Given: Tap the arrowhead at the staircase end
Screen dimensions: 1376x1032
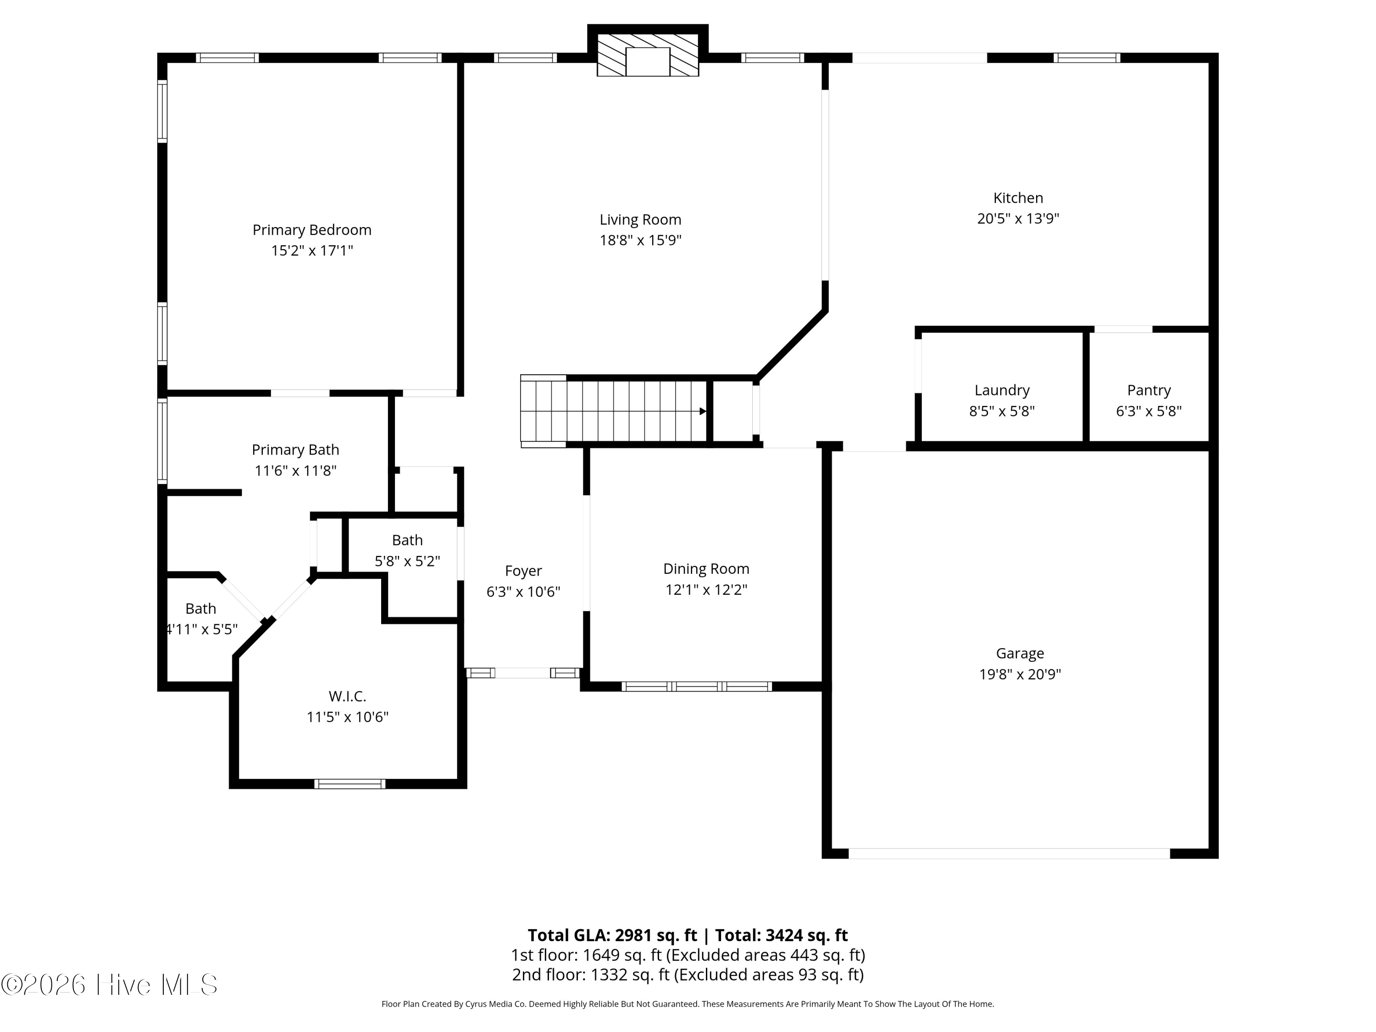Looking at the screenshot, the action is (x=703, y=411).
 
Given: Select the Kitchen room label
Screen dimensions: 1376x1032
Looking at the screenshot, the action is (x=1018, y=198).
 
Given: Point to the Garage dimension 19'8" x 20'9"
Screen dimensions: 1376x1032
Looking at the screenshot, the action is (x=1020, y=674).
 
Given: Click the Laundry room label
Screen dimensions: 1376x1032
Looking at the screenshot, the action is (x=1002, y=390).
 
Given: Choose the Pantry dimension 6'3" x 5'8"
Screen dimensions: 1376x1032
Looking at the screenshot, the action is (x=1149, y=411).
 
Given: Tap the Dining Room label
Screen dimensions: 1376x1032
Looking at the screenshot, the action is (x=706, y=569).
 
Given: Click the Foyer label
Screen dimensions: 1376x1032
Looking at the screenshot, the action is (x=523, y=571).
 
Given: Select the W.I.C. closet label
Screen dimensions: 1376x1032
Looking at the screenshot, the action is (x=347, y=696).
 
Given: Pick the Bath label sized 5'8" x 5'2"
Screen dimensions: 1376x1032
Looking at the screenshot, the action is (x=407, y=540).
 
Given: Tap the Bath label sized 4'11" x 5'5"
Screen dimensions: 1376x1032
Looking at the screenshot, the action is (x=200, y=608).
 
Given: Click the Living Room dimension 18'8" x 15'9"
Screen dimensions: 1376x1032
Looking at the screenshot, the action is (x=641, y=241).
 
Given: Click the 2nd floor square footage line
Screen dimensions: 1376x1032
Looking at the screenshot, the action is (x=688, y=975).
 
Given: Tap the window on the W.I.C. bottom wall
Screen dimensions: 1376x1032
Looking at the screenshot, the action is (x=350, y=784).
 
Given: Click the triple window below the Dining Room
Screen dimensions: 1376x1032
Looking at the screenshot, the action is (x=697, y=687).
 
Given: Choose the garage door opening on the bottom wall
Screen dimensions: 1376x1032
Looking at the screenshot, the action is (x=1009, y=854).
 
